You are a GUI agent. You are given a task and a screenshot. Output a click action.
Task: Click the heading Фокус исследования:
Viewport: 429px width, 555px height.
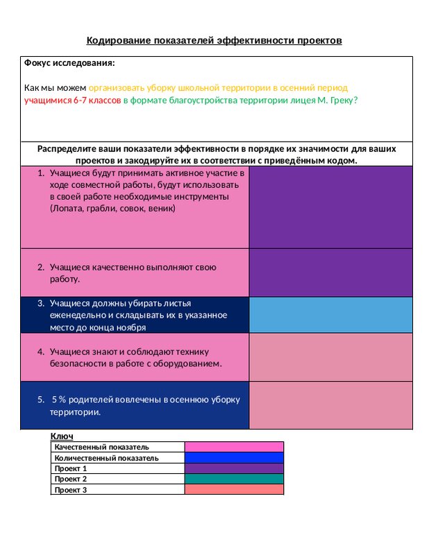(x=69, y=63)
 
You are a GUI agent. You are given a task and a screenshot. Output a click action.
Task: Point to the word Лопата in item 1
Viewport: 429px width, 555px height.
(x=66, y=207)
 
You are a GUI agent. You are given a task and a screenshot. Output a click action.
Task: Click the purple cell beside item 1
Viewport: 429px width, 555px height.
(x=330, y=208)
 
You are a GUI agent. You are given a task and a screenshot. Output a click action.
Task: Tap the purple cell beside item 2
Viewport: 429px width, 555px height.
(x=330, y=273)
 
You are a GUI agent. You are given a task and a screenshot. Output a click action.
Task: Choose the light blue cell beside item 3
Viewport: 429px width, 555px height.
(x=330, y=315)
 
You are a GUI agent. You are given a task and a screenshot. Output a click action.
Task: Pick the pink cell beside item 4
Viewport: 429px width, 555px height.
(x=330, y=357)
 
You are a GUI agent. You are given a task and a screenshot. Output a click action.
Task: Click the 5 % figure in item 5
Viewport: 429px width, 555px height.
(x=58, y=400)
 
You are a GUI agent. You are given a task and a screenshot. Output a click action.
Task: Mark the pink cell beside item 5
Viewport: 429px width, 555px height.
(x=330, y=405)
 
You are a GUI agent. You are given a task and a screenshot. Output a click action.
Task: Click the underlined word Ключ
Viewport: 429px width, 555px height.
(x=62, y=436)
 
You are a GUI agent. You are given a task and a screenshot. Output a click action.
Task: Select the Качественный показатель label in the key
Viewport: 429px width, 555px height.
(x=102, y=447)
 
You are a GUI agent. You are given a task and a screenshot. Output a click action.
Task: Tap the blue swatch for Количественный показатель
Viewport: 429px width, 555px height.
(x=234, y=458)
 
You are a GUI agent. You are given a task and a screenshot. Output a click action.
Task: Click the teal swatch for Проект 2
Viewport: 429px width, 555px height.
(x=234, y=479)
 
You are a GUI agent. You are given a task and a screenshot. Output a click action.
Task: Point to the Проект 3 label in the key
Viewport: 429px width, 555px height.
(x=71, y=490)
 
